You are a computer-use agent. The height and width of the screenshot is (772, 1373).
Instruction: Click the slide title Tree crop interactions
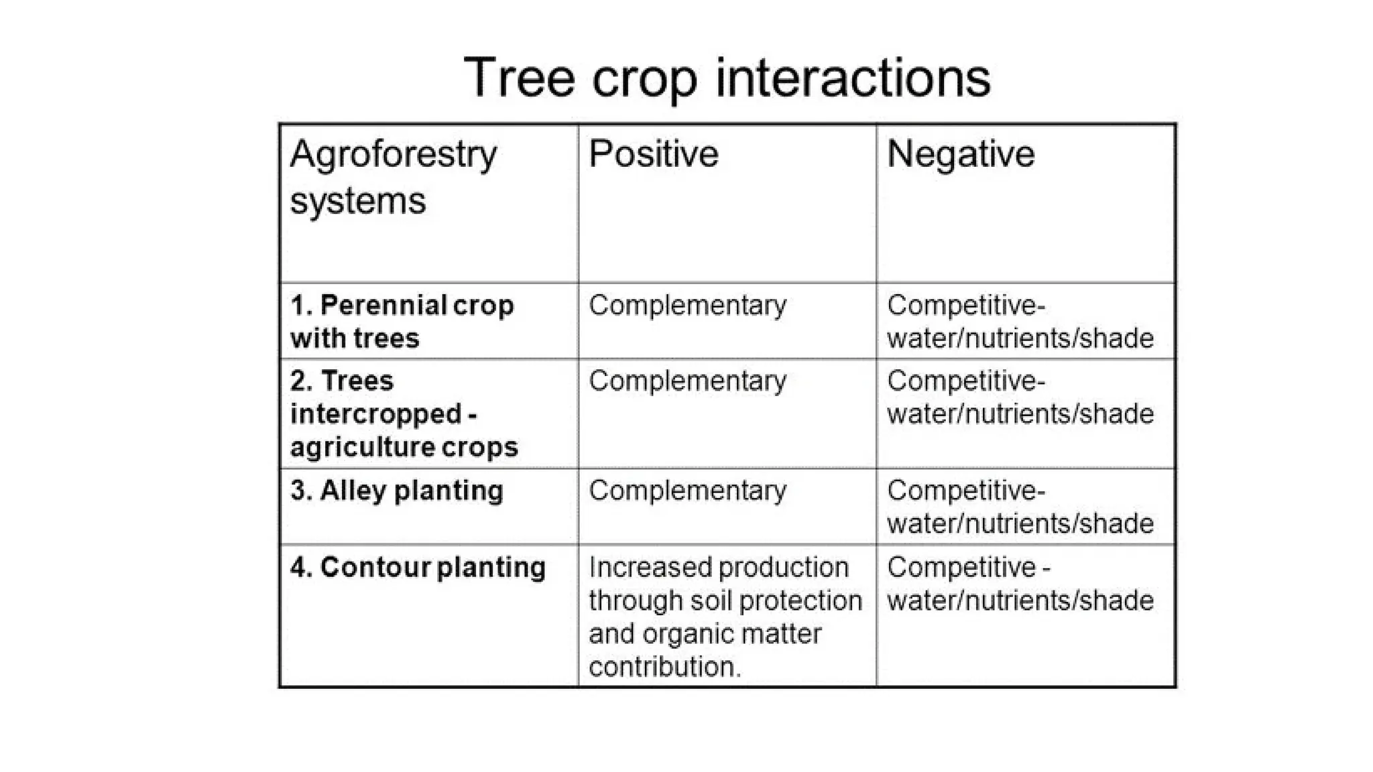click(x=727, y=78)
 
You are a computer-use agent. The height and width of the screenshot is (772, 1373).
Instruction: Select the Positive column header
click(x=654, y=153)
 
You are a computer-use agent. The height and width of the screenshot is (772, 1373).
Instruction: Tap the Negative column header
click(x=961, y=153)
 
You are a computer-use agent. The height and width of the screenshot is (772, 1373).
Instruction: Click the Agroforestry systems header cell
click(x=393, y=177)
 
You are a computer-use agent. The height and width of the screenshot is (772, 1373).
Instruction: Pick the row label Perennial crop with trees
click(x=402, y=322)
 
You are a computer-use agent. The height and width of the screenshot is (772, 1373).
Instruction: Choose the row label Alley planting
click(x=397, y=491)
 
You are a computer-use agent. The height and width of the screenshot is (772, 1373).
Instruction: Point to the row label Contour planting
click(x=418, y=568)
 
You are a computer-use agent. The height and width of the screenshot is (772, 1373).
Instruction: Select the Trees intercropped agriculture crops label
click(x=404, y=413)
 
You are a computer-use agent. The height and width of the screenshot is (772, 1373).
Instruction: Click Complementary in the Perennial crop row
click(x=687, y=306)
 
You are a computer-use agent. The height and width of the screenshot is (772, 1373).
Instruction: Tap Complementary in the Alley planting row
click(x=687, y=491)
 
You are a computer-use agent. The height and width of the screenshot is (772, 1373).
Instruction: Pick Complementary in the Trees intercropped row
click(x=687, y=381)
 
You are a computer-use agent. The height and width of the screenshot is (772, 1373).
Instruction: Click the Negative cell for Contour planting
click(x=1020, y=584)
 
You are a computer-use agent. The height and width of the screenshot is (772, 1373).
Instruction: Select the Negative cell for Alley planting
click(x=1020, y=507)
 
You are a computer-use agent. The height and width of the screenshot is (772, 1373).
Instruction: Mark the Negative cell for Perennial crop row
click(x=1020, y=322)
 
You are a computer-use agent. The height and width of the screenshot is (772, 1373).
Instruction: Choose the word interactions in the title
click(x=853, y=78)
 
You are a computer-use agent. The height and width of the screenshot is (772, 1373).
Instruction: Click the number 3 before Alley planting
click(x=298, y=491)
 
